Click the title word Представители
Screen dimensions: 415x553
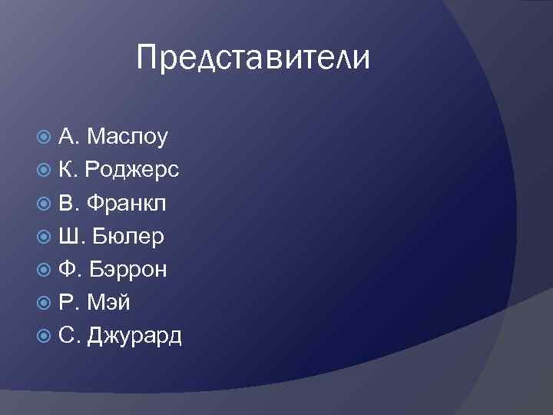(253, 58)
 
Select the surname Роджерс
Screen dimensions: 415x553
(132, 170)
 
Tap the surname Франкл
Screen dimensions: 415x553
(126, 203)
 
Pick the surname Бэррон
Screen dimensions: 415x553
(129, 269)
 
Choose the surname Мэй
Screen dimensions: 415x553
(109, 302)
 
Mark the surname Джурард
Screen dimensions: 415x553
(135, 336)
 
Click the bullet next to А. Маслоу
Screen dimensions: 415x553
(44, 137)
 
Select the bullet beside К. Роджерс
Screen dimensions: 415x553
(44, 170)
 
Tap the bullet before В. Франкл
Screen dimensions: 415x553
(44, 203)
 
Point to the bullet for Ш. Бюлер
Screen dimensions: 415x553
(44, 236)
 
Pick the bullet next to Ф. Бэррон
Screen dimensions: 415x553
(44, 269)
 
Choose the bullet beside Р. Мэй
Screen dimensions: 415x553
(44, 302)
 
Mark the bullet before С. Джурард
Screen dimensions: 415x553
(44, 335)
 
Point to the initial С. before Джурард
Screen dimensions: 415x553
(69, 335)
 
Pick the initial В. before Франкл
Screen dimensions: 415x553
(68, 203)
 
